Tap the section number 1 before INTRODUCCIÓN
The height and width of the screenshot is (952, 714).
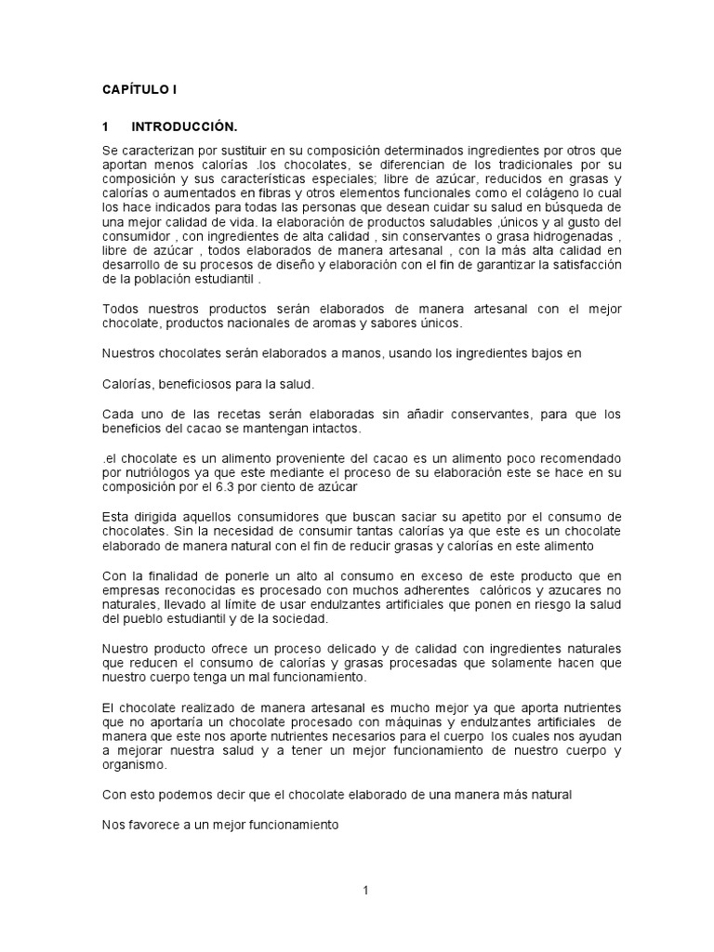[106, 126]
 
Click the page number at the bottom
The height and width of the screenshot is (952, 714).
[366, 890]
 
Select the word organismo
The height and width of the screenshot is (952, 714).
[134, 764]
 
